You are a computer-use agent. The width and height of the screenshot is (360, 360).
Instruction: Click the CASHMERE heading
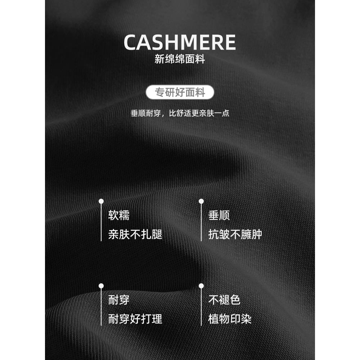pos(180,43)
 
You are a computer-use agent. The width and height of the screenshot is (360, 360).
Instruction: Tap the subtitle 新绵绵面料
pos(180,59)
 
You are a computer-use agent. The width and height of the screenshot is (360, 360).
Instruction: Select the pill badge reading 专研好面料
pos(180,93)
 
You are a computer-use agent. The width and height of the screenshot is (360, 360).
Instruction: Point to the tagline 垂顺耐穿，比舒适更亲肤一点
pos(180,113)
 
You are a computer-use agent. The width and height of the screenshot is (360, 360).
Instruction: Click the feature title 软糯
pos(119,215)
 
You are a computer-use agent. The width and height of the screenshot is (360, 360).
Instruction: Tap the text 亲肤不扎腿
pos(135,234)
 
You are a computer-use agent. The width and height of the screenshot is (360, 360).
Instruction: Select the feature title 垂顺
pos(219,215)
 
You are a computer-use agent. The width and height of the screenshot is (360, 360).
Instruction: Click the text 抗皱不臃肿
pos(235,234)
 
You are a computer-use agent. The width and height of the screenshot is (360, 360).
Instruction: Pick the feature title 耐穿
pos(119,300)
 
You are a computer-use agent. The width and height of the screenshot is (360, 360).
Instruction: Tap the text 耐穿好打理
pos(135,319)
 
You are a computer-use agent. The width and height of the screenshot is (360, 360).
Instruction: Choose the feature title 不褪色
pos(224,300)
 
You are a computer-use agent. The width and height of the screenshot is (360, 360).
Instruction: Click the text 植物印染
pos(230,319)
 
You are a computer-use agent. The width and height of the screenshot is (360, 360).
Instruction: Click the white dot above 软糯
pos(101,201)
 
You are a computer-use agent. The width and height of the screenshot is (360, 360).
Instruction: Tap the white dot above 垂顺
pos(201,201)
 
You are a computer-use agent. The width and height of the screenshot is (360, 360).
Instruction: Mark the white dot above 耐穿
pos(101,285)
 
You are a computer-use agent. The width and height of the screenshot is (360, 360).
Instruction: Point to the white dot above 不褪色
pos(201,285)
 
